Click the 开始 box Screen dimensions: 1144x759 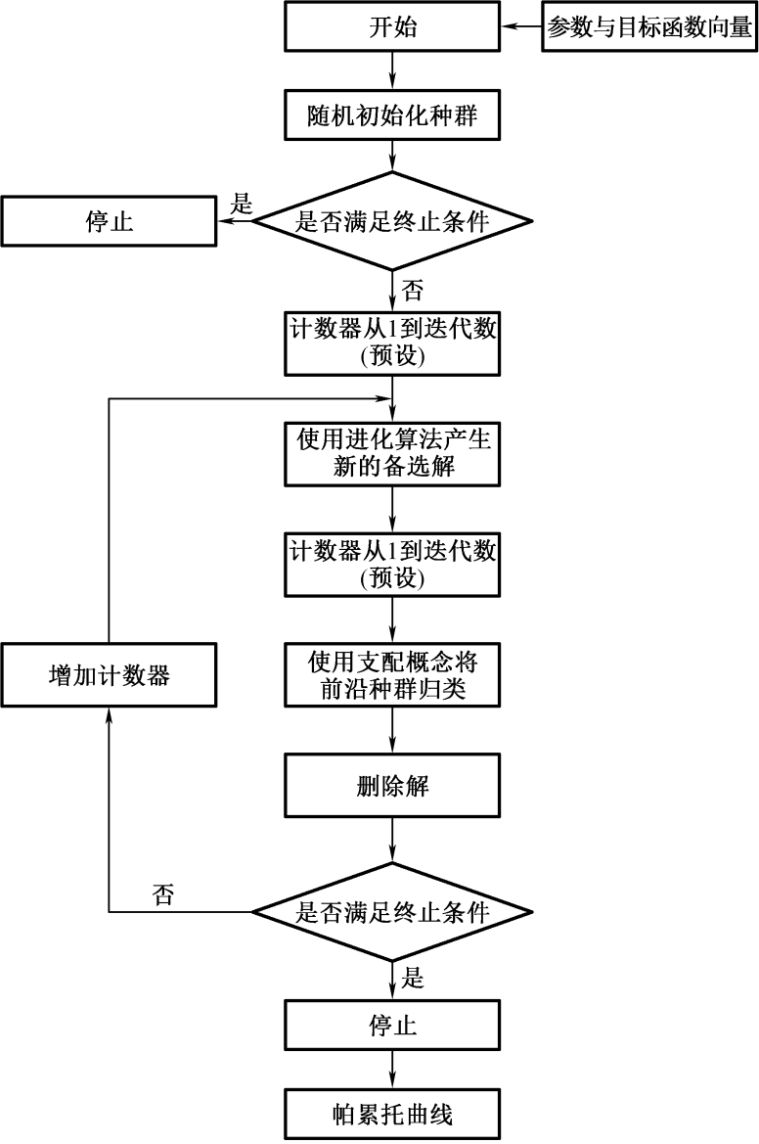pyautogui.click(x=391, y=27)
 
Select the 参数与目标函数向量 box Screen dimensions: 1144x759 pyautogui.click(x=650, y=27)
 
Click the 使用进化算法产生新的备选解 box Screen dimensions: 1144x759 pyautogui.click(x=391, y=454)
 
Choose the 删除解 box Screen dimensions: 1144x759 pyautogui.click(x=391, y=787)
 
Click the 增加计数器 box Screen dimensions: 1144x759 pyautogui.click(x=109, y=676)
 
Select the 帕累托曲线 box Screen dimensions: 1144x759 pyautogui.click(x=391, y=1112)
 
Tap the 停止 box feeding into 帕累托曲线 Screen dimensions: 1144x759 pyautogui.click(x=391, y=1025)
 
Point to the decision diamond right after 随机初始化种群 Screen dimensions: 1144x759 pyautogui.click(x=391, y=220)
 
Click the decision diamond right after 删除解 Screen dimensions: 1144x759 pyautogui.click(x=391, y=912)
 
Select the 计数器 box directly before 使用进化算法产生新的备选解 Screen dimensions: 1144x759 pyautogui.click(x=391, y=343)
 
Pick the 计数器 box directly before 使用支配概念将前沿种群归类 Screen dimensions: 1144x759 pyautogui.click(x=391, y=565)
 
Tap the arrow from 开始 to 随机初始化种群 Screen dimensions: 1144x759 pyautogui.click(x=391, y=71)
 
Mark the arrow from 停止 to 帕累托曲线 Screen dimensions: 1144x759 pyautogui.click(x=391, y=1068)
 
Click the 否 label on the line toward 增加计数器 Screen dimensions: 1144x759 pyautogui.click(x=162, y=893)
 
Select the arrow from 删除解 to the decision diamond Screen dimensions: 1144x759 pyautogui.click(x=391, y=840)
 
